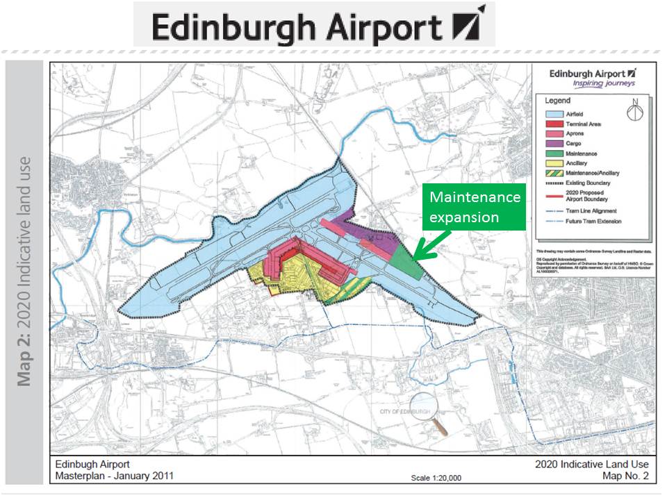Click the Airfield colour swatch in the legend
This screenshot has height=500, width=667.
[554, 112]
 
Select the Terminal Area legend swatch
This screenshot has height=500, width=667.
[554, 123]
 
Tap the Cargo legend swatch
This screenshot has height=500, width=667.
[554, 143]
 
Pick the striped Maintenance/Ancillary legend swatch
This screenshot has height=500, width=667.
[554, 173]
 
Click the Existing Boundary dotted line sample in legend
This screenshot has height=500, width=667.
[554, 183]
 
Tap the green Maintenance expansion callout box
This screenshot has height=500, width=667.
[475, 206]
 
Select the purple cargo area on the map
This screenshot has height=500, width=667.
[361, 229]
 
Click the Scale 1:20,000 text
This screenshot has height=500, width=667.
[436, 478]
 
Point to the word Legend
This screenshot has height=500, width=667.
[557, 99]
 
